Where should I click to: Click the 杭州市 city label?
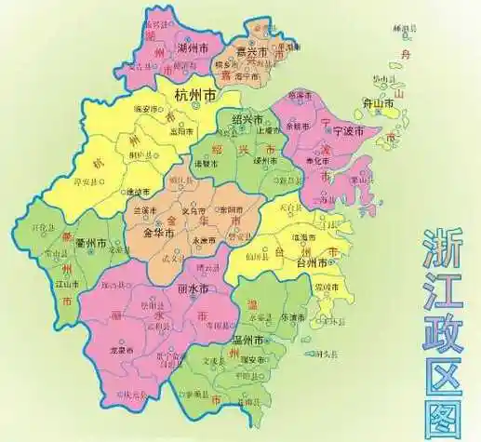coord(195,94)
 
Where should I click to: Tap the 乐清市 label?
coord(294,316)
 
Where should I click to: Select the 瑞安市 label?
coord(252,360)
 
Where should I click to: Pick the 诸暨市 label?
coord(205,164)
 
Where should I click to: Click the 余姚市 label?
coord(302,126)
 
